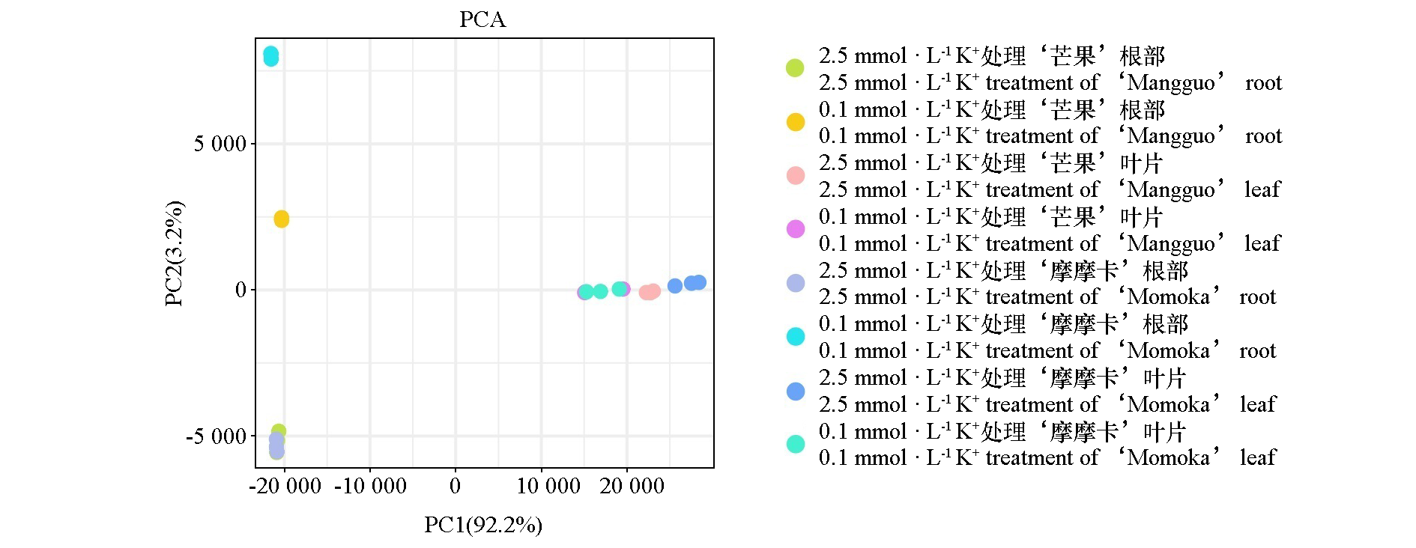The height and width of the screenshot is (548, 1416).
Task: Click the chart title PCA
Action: pyautogui.click(x=482, y=19)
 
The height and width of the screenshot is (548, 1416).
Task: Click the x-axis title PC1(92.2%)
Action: pyautogui.click(x=482, y=525)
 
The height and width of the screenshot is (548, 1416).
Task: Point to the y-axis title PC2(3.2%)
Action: pyautogui.click(x=174, y=253)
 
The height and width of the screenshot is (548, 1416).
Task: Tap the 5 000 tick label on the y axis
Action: pyautogui.click(x=220, y=144)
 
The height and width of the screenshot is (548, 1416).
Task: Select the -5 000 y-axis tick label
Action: pyautogui.click(x=216, y=436)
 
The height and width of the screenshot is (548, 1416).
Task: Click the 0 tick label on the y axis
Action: pyautogui.click(x=240, y=290)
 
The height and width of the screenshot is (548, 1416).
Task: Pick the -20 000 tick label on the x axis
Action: pyautogui.click(x=285, y=487)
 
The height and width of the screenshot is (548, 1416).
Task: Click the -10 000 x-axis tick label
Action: pyautogui.click(x=370, y=487)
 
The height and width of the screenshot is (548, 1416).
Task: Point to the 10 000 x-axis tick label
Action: pyautogui.click(x=548, y=487)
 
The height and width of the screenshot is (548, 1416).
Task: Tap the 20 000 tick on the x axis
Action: pyautogui.click(x=632, y=487)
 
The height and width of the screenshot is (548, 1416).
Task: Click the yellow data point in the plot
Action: pyautogui.click(x=281, y=219)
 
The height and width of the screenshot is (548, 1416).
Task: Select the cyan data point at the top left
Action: pyautogui.click(x=270, y=56)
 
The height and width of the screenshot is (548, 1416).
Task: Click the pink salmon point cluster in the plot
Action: pyautogui.click(x=650, y=291)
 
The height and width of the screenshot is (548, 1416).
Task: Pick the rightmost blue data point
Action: pyautogui.click(x=698, y=282)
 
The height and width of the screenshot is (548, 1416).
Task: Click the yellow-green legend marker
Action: pyautogui.click(x=795, y=68)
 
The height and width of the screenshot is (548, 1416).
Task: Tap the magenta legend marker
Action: pyautogui.click(x=795, y=229)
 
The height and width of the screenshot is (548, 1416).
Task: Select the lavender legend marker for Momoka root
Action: pyautogui.click(x=795, y=283)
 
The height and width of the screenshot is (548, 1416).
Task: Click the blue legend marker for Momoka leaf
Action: pyautogui.click(x=795, y=391)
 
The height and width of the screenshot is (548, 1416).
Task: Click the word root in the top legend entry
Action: pyautogui.click(x=1263, y=82)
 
